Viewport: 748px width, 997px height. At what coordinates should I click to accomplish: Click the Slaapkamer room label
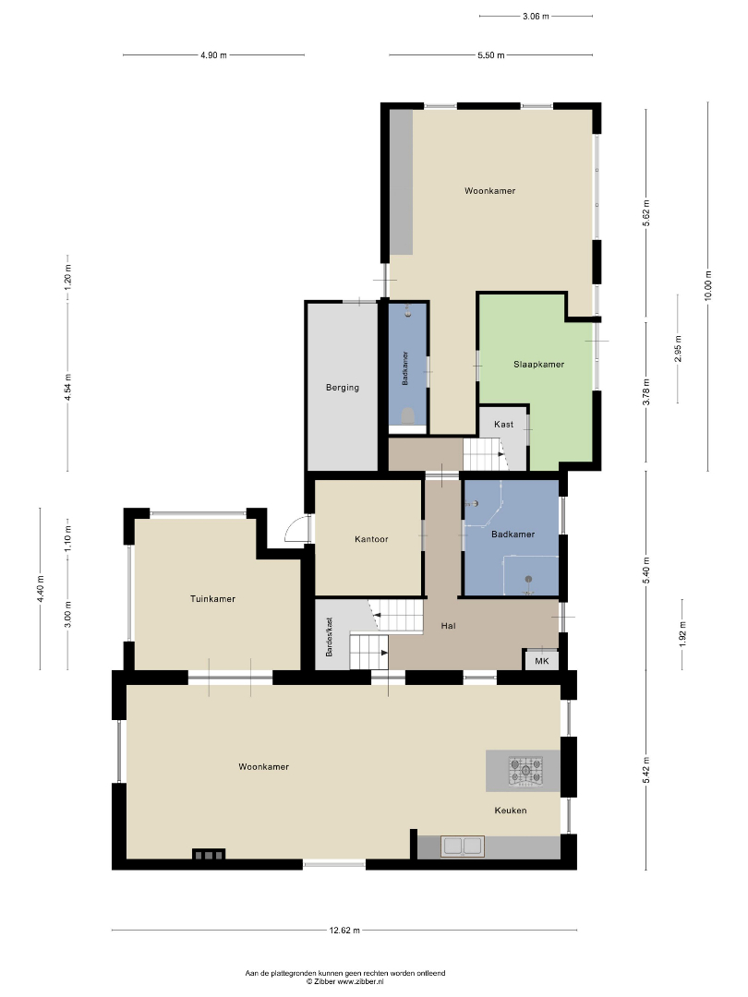pos(538,365)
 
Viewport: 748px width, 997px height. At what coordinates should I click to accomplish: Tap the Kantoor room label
pos(371,539)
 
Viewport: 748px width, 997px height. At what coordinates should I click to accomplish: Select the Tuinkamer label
pos(212,599)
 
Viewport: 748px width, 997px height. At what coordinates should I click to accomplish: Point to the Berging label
pos(343,387)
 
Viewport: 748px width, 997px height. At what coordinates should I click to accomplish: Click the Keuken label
pos(511,811)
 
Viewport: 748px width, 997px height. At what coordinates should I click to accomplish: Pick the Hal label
pos(449,626)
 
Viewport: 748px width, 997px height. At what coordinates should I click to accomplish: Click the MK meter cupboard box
pos(541,661)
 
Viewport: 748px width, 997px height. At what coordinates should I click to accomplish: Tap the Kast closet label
pos(504,424)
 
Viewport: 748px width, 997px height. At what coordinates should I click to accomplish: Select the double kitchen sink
pos(463,847)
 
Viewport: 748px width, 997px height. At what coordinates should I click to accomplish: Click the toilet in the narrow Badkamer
pos(408,416)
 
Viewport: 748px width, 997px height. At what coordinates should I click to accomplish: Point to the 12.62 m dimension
pos(344,931)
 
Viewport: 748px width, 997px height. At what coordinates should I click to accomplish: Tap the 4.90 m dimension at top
pos(213,55)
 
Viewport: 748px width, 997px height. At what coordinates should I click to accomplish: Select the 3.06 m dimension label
pos(536,17)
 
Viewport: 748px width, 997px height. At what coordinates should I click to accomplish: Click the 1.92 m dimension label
pos(682,634)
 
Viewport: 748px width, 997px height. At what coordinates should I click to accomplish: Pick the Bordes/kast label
pos(329,637)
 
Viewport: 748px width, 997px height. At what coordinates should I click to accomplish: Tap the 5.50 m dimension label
pos(491,55)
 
